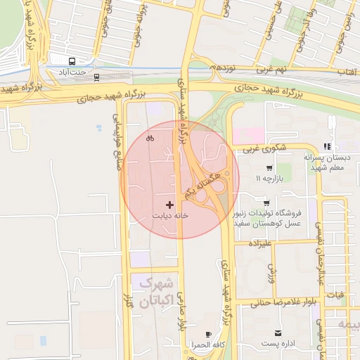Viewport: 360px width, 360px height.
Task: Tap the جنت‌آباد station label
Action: (x=72, y=72)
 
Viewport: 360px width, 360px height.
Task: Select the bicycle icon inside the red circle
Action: (x=150, y=138)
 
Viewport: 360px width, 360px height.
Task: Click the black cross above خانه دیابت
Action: (x=169, y=205)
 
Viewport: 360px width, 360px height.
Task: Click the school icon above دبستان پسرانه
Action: (x=327, y=146)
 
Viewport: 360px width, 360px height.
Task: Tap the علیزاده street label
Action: (x=259, y=243)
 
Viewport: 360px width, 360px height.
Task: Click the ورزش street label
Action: (x=270, y=273)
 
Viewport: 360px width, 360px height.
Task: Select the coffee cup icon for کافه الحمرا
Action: (x=207, y=334)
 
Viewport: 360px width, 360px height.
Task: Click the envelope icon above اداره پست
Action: (x=278, y=333)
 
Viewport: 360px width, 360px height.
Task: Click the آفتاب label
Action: (x=348, y=72)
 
